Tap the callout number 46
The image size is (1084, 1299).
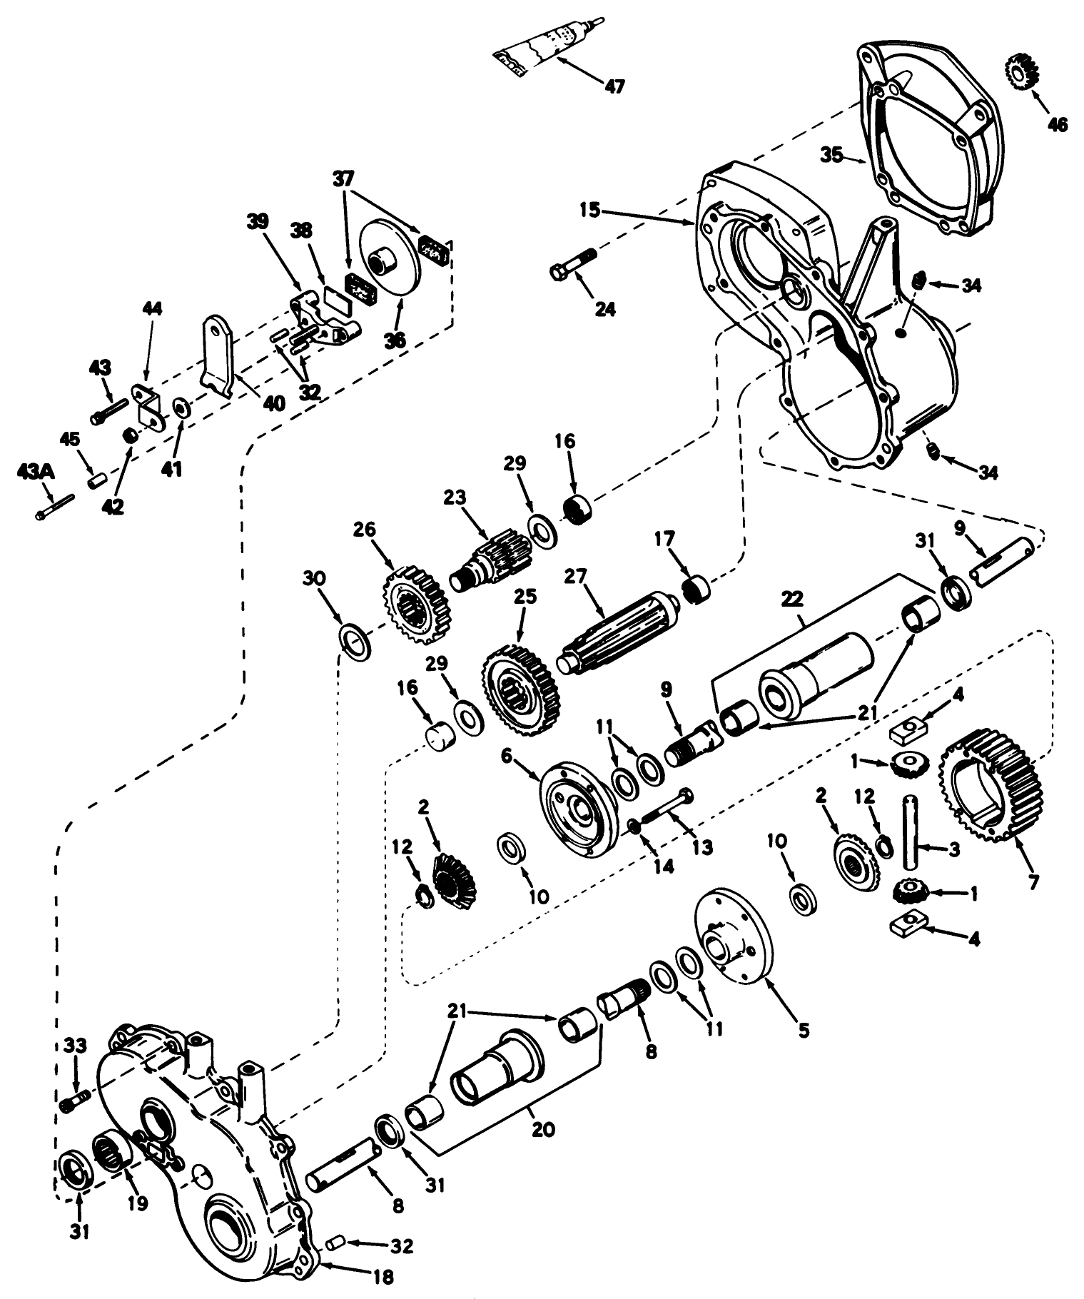coord(1057,124)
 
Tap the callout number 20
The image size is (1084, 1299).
coord(543,1129)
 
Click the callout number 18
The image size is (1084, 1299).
coord(383,1277)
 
